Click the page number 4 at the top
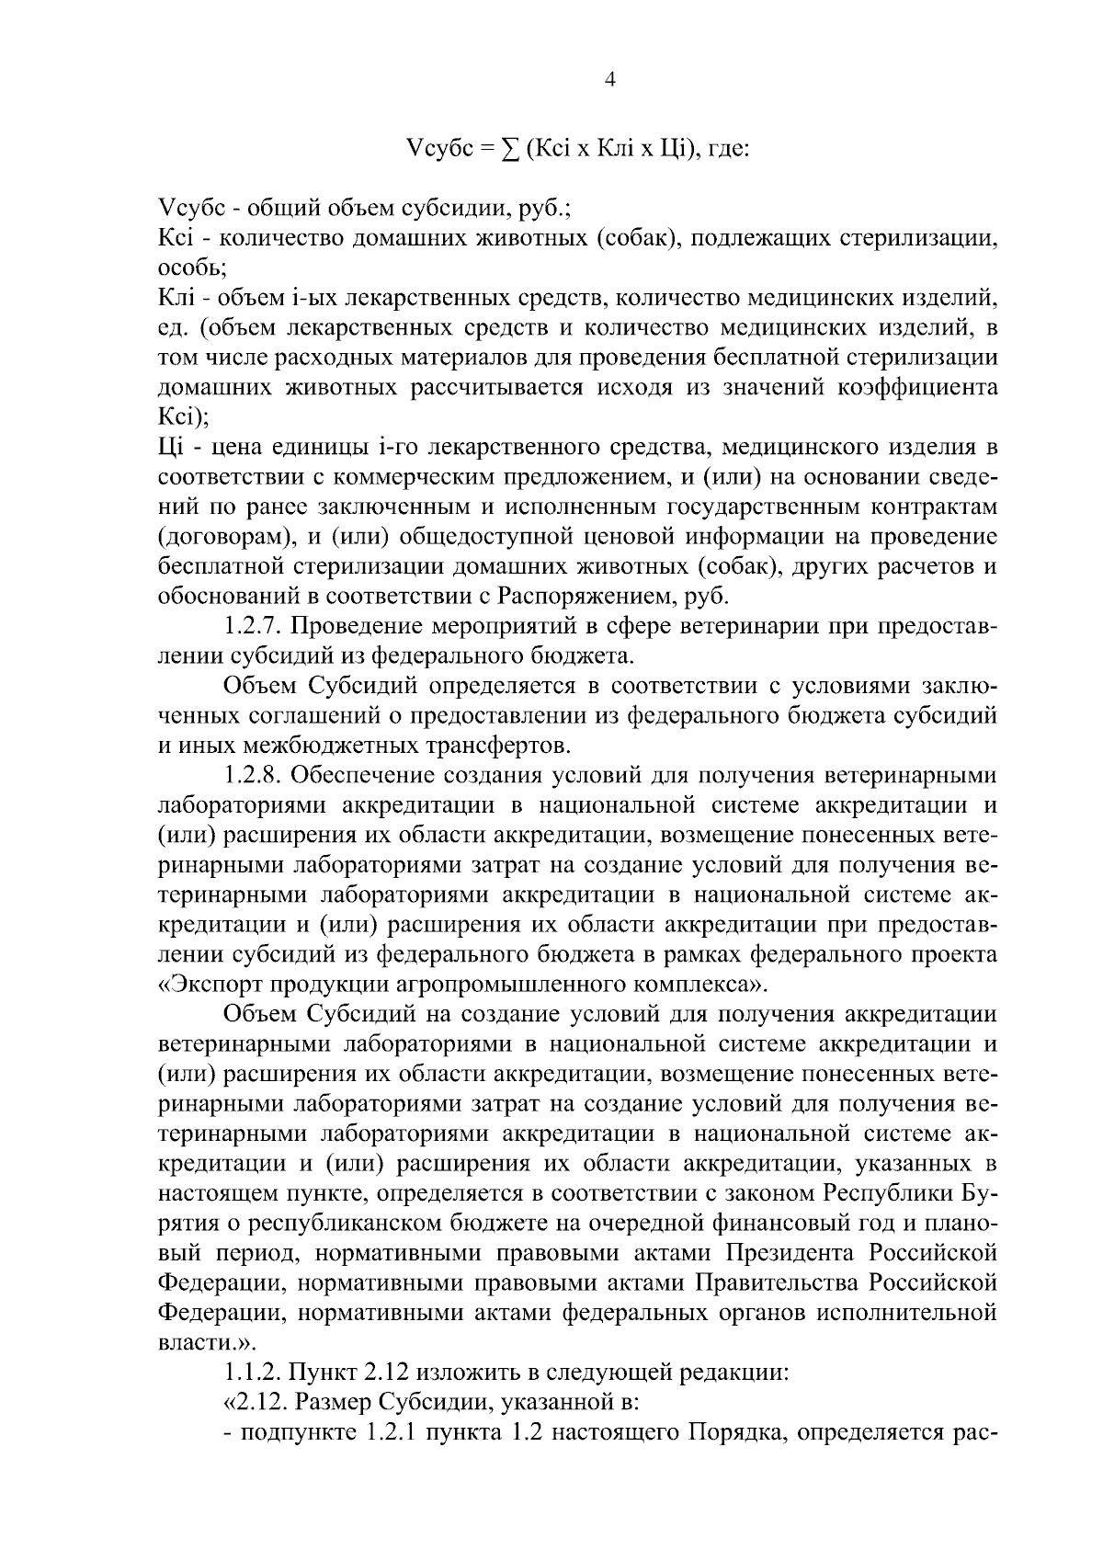point(609,80)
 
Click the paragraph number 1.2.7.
point(256,626)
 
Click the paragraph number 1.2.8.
point(256,776)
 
